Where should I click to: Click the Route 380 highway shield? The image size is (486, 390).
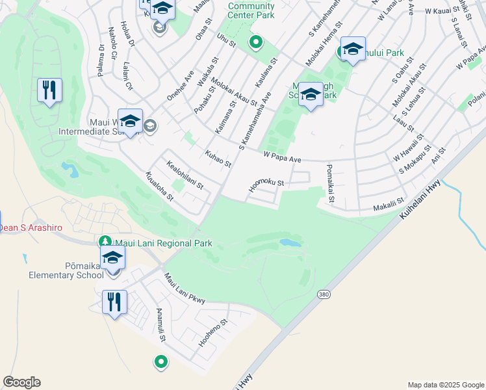(x=323, y=295)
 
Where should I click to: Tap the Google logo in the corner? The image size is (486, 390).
(x=21, y=382)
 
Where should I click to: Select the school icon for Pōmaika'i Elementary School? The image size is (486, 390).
(x=113, y=257)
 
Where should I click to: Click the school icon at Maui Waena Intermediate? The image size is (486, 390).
(x=130, y=122)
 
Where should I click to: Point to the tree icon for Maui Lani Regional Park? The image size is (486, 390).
(x=104, y=242)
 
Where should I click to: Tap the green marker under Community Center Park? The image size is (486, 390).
(x=256, y=43)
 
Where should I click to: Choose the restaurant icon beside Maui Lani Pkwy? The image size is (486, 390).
(x=114, y=302)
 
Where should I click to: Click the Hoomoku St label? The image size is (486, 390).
(x=266, y=187)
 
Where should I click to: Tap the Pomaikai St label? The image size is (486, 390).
(x=329, y=183)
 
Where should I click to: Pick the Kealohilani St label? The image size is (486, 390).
(x=185, y=174)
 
